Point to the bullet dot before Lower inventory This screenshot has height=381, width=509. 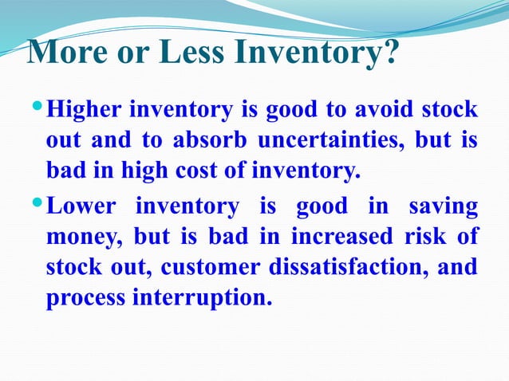coord(37,206)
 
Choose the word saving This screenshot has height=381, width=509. coord(444,207)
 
